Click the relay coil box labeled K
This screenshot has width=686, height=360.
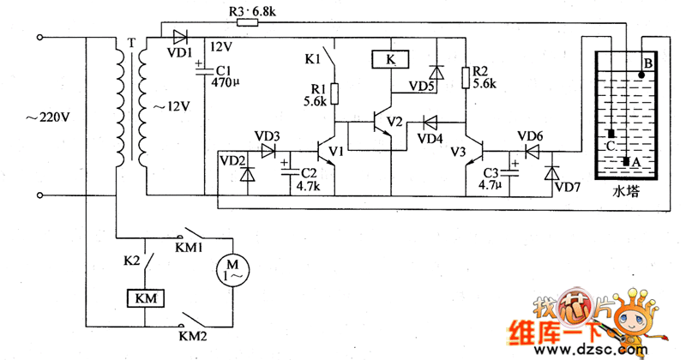pos(391,60)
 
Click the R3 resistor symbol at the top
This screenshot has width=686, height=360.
pos(247,23)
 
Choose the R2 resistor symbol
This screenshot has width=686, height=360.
pos(465,78)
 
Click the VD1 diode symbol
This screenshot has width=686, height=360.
pos(179,37)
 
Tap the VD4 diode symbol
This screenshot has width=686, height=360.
pos(430,123)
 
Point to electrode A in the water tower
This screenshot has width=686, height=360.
pos(627,161)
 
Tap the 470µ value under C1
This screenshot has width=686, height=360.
pos(225,85)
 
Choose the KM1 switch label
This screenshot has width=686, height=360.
pos(189,247)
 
